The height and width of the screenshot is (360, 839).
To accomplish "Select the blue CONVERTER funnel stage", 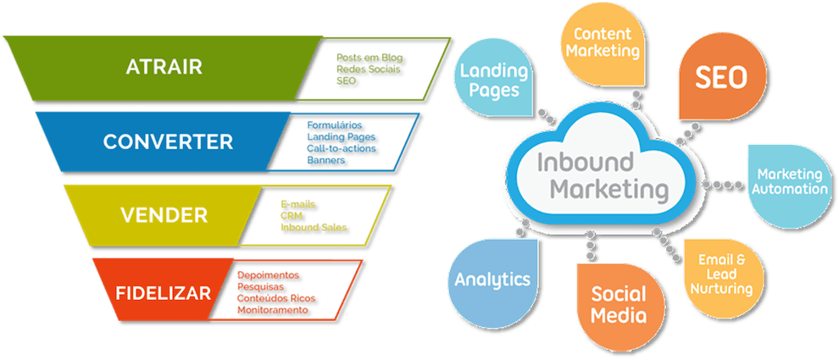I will [x=168, y=141].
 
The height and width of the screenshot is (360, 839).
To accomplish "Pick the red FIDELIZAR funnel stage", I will [x=164, y=293].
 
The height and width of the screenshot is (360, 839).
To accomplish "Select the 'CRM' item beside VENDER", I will [x=291, y=216].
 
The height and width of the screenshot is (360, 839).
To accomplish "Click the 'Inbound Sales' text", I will [x=314, y=227].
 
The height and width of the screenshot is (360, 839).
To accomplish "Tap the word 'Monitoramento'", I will [x=272, y=311].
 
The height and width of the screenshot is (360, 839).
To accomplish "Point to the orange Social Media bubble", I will [x=618, y=305].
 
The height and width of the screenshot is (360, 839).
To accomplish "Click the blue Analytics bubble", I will [x=492, y=280].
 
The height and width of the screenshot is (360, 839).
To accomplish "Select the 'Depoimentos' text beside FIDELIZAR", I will [x=269, y=276].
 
